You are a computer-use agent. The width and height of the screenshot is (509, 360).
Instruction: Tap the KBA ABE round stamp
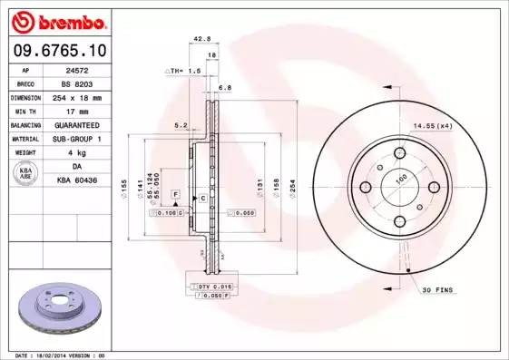(24, 174)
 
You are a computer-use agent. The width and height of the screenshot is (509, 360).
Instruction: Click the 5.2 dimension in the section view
(180, 125)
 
